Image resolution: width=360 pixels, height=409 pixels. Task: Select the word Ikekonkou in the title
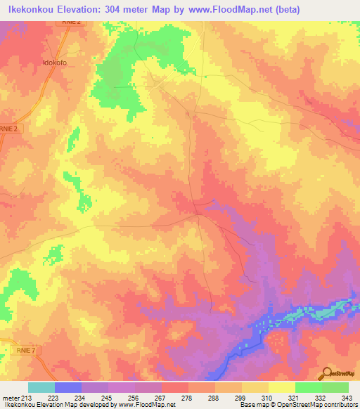coord(31,10)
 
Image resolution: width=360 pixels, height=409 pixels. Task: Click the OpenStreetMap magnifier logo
coord(326,372)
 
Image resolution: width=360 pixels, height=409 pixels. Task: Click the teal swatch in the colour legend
coord(41,387)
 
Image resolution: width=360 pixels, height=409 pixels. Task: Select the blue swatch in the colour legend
coord(68,387)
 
